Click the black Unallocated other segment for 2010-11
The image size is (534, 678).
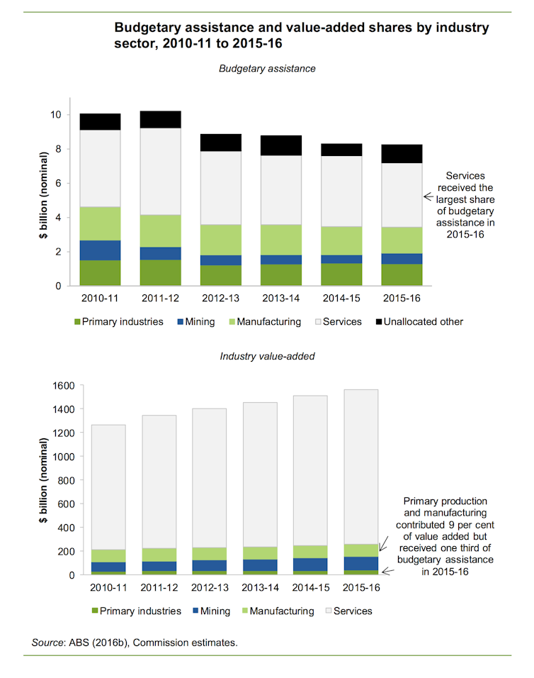100,122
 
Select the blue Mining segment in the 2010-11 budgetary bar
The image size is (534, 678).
100,250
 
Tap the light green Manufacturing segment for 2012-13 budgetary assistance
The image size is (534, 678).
220,240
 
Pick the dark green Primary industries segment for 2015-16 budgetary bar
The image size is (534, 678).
402,274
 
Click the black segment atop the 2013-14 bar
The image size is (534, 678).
281,145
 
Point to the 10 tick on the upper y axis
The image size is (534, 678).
56,115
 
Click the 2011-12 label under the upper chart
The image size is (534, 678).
160,299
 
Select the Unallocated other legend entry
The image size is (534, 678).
419,322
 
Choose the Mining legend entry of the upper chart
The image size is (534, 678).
196,322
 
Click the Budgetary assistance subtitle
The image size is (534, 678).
267,69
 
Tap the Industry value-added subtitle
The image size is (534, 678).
267,356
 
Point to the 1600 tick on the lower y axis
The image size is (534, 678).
64,386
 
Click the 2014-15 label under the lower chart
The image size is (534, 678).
311,588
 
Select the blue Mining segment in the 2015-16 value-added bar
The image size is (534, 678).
361,563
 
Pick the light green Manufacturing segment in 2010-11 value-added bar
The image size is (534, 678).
108,556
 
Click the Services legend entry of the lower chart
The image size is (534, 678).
349,611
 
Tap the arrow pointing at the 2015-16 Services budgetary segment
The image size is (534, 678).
428,196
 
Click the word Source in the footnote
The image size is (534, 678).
47,643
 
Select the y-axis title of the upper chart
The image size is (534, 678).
43,195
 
